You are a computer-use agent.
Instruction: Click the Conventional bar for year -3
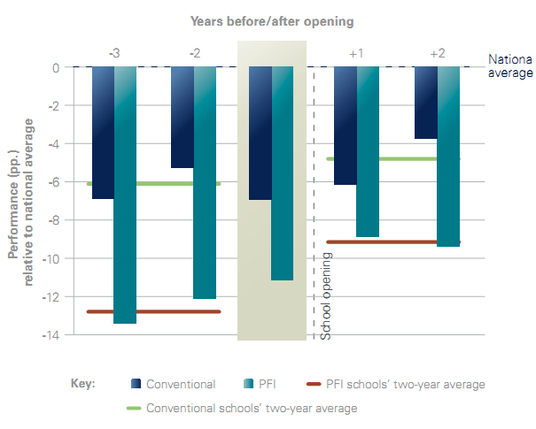pos(103,133)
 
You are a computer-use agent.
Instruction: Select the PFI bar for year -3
pos(126,195)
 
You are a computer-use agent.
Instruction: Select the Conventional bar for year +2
pos(425,103)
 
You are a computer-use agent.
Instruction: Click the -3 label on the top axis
pos(114,53)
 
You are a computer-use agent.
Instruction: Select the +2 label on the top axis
pos(437,53)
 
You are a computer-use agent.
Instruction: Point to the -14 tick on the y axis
pos(52,335)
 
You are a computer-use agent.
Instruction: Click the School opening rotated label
pos(325,296)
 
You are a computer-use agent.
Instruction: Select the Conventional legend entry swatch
pos(136,384)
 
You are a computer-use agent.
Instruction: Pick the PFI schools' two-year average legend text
pos(407,384)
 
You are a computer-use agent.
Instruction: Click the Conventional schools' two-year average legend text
pos(252,409)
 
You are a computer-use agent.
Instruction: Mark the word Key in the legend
pos(82,384)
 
